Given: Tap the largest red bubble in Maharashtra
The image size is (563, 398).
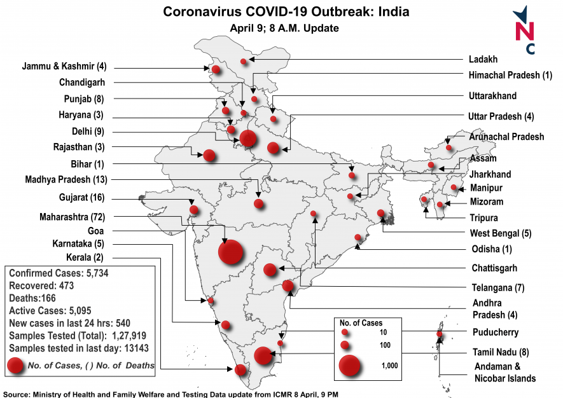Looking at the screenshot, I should click(231, 252).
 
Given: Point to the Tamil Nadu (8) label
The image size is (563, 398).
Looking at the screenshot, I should click(501, 352).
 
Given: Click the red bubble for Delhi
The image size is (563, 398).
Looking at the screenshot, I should click(248, 137).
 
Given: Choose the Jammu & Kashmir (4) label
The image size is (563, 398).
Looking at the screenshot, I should click(64, 65).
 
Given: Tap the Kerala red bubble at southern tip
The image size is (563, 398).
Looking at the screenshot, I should click(241, 370).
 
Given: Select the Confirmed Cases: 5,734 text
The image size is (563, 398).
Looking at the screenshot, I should click(57, 273).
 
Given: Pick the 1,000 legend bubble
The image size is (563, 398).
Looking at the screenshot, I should click(350, 366).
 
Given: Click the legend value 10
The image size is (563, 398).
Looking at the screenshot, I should click(382, 333).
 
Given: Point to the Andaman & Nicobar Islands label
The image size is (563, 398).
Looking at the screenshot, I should click(504, 373).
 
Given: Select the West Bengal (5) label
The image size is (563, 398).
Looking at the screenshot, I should click(500, 233).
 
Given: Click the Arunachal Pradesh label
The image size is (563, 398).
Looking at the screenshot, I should click(506, 137).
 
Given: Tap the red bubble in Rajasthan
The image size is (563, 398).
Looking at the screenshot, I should click(209, 154).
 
